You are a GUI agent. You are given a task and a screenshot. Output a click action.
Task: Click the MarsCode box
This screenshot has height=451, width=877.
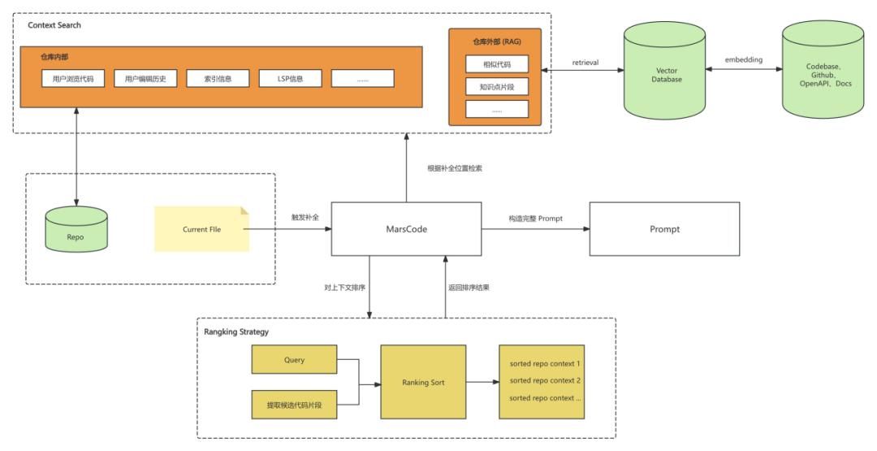407,229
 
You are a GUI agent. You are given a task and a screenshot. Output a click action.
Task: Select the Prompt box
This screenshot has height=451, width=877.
664,229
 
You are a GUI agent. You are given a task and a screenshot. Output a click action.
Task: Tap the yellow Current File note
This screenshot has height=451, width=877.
201,229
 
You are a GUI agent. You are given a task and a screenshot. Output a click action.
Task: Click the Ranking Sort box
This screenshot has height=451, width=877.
423,382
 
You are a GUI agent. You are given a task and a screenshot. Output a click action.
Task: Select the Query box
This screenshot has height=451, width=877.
294,360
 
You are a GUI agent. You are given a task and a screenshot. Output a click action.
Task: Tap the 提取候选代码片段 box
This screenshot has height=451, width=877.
294,405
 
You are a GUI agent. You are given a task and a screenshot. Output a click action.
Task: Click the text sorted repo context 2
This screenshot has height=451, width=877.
545,380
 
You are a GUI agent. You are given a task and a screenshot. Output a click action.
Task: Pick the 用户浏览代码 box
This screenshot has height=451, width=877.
73,79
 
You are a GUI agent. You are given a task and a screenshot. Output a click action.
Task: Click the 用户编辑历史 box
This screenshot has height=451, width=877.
145,79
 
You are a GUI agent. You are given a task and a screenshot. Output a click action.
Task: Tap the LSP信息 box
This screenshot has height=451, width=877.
290,79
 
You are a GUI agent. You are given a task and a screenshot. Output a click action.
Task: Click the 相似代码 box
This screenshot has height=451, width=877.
497,64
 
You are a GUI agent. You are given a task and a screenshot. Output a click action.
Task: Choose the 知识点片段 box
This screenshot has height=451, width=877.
497,86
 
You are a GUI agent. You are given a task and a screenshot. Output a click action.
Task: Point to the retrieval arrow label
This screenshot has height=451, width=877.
585,62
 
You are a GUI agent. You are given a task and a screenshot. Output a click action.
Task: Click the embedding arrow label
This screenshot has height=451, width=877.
744,60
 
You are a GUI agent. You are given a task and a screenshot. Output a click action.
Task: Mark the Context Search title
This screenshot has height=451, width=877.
54,25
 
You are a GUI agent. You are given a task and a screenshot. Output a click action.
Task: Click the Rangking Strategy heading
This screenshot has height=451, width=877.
237,332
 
